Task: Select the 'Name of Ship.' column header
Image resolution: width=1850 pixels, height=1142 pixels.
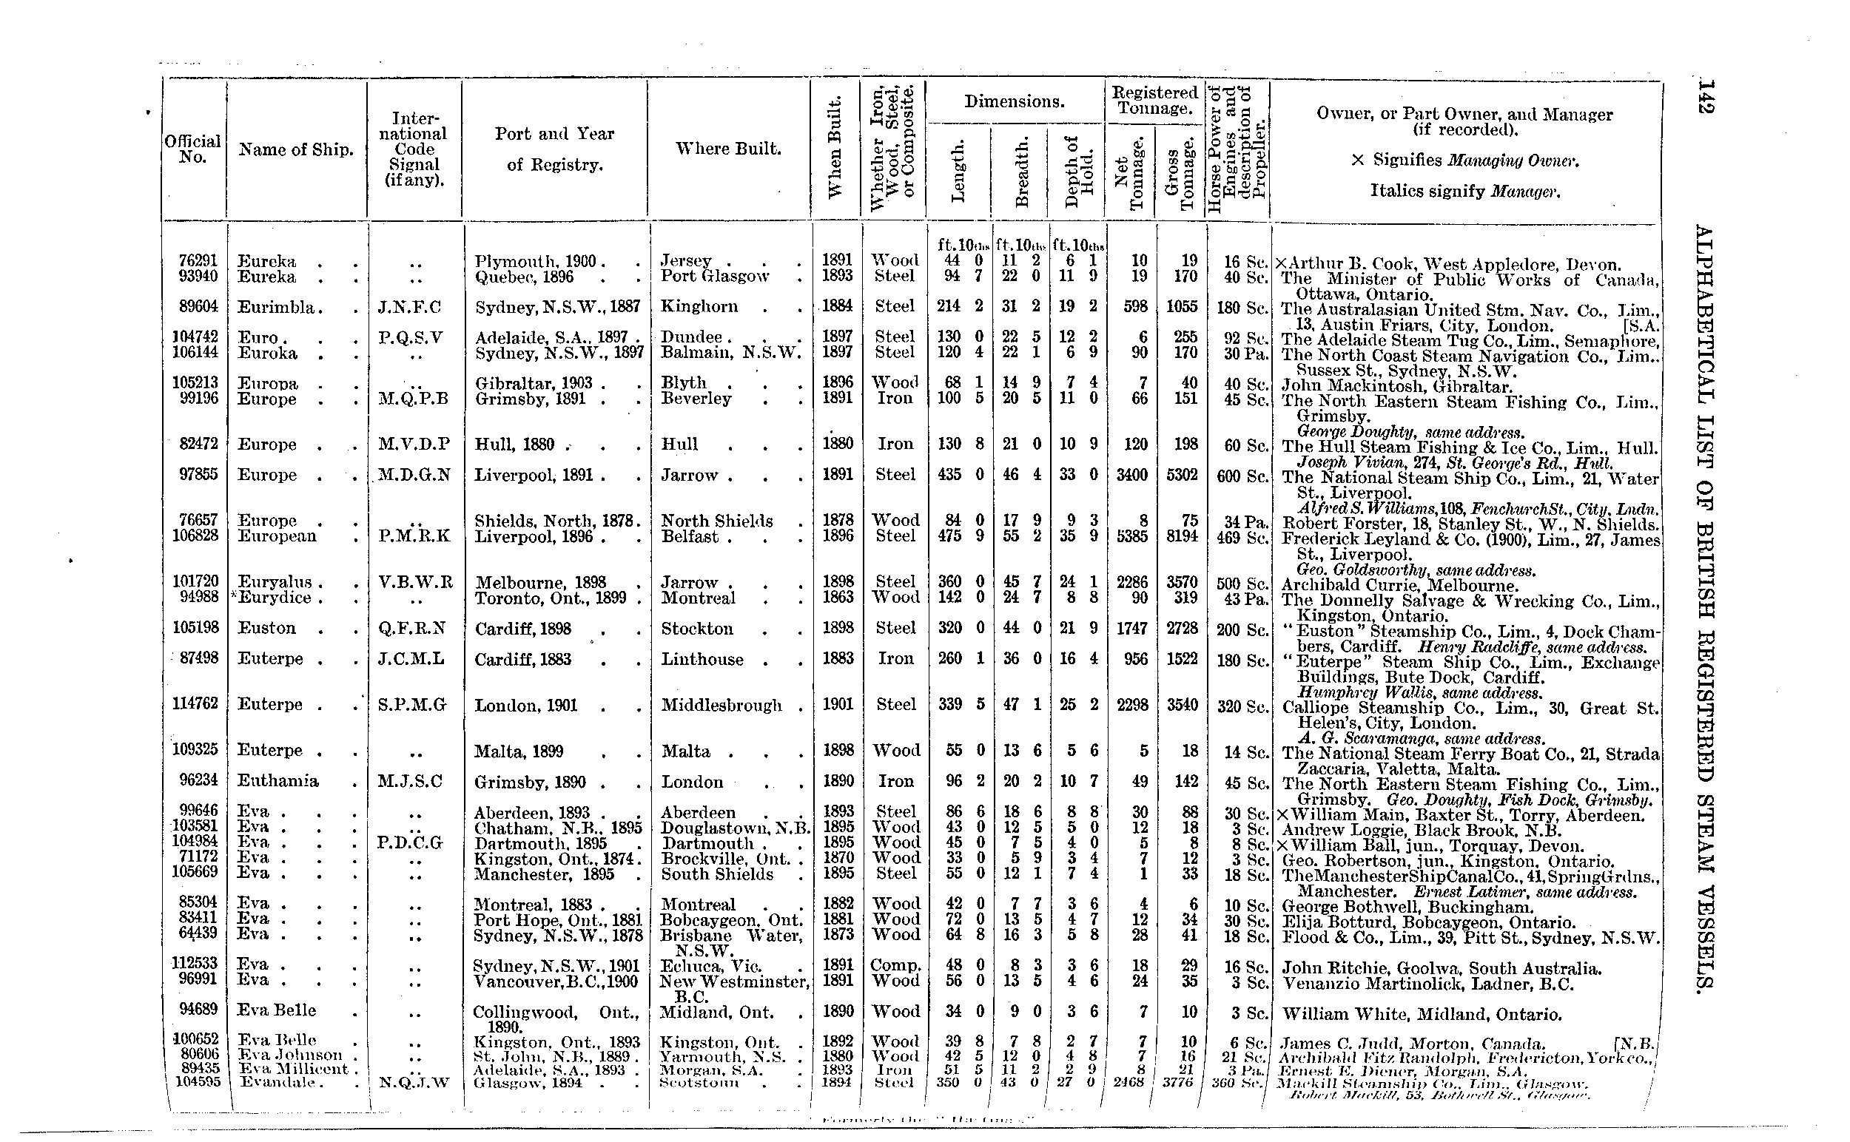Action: click(295, 149)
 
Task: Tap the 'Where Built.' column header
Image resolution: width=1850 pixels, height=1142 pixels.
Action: click(727, 149)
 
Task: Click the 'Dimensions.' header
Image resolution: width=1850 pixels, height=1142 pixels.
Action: click(1015, 102)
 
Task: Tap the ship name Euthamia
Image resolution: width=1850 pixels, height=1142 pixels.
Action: click(277, 781)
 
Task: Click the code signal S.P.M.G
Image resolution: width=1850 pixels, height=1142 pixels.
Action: click(412, 705)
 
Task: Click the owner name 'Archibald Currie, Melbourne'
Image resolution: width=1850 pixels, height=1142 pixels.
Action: click(1399, 585)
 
